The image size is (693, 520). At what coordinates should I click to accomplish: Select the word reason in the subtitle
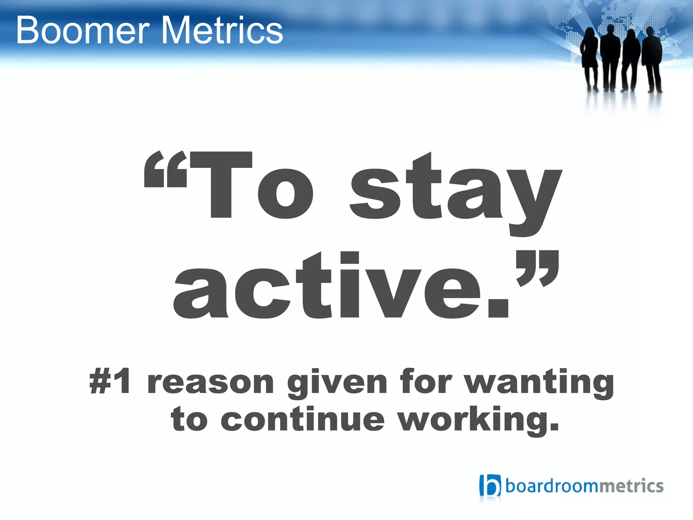pyautogui.click(x=210, y=383)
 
